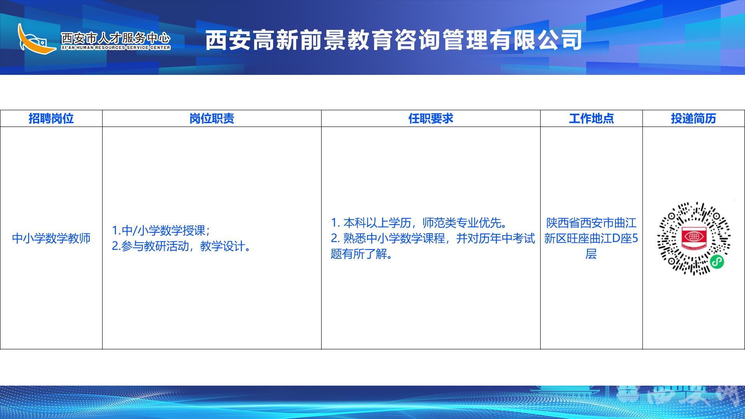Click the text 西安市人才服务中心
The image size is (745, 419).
coord(116,38)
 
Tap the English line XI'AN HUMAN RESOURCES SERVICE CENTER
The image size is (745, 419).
coord(116,48)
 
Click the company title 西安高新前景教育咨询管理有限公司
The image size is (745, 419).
coord(393,40)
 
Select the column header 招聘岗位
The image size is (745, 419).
coord(51,119)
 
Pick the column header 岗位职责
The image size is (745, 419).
coord(212,119)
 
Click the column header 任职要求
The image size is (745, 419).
coord(431,119)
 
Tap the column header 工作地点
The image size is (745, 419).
coord(591,119)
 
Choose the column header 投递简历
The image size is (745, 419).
coord(693,119)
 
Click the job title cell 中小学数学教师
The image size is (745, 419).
coord(51,238)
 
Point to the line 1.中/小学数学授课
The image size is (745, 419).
coord(161,230)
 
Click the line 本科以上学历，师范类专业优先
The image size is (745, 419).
coord(419,223)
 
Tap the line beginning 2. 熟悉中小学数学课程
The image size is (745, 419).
coord(433,238)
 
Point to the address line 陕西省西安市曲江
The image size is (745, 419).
coord(591,223)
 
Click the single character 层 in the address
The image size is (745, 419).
coord(591,254)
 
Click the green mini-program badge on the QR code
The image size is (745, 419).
coord(717,262)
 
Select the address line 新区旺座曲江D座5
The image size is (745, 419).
coord(591,238)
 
